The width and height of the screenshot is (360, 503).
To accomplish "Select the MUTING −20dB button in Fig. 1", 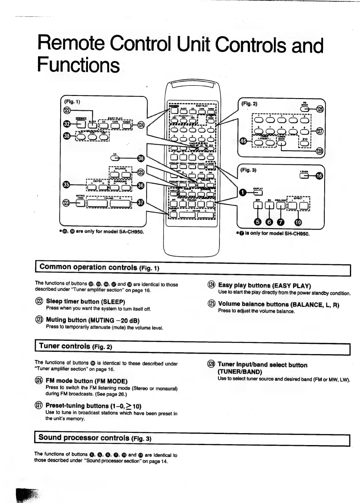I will pyautogui.click(x=80, y=203).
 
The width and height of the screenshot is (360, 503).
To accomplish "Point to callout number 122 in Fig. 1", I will pyautogui.click(x=67, y=110).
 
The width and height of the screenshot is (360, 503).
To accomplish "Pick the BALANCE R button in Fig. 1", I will pyautogui.click(x=126, y=175).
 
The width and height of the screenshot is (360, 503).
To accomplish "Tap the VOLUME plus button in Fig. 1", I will pyautogui.click(x=120, y=203).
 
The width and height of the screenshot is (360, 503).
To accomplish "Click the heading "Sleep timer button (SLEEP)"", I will pyautogui.click(x=85, y=302).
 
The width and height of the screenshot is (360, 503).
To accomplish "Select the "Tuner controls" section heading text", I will pyautogui.click(x=64, y=346).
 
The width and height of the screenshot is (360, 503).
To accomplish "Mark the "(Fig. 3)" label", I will pyautogui.click(x=249, y=170).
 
